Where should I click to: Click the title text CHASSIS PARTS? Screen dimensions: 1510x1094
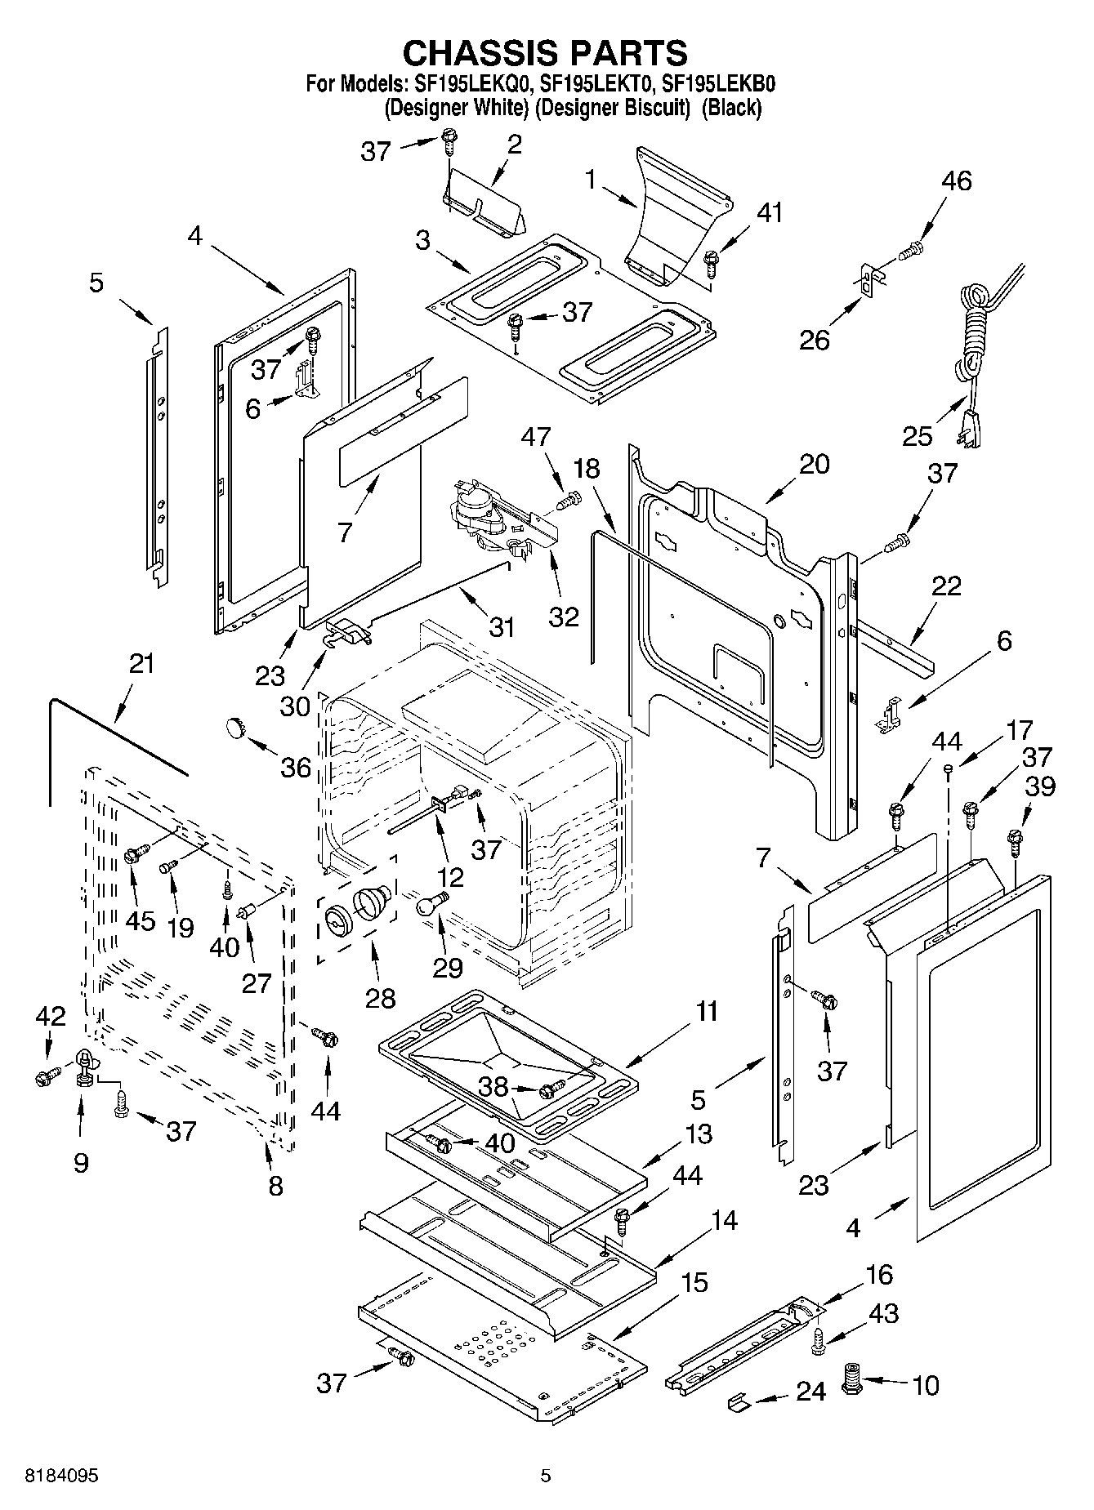coord(545,52)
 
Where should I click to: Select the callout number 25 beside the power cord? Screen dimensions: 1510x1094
coord(917,435)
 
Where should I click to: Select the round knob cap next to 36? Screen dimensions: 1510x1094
coord(235,725)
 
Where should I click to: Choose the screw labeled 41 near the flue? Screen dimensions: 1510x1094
coord(712,260)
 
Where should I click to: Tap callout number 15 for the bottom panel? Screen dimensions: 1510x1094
coord(694,1282)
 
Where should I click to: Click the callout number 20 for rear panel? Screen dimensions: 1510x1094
coord(813,464)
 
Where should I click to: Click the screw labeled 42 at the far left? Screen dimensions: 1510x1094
coord(44,1078)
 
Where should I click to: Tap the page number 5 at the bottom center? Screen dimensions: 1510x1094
coord(546,1476)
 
